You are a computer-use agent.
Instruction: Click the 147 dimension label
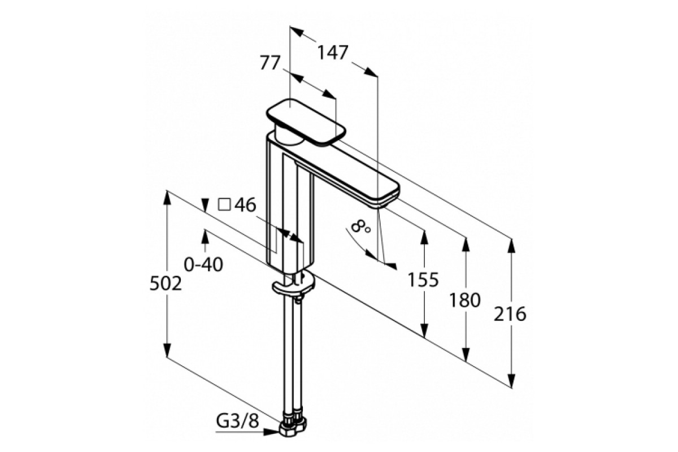333,53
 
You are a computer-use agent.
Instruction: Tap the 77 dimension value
270,63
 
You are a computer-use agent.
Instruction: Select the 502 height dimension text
166,284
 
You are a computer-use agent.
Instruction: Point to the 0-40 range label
203,264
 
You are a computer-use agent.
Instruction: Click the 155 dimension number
423,280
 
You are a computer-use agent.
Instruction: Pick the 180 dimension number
465,301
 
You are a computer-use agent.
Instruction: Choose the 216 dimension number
510,314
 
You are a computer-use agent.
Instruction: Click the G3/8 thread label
238,420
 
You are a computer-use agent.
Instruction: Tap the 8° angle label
360,227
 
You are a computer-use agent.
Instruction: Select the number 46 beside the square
245,205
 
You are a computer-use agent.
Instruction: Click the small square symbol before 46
224,205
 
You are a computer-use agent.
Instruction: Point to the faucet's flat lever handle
306,122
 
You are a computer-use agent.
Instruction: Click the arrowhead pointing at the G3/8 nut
271,432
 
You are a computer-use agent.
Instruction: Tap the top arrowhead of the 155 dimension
425,238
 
